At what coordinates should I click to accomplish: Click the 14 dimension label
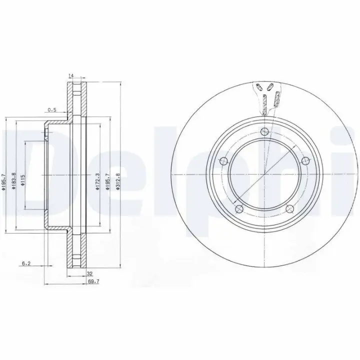click(x=70, y=75)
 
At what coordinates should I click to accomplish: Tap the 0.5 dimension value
click(x=52, y=109)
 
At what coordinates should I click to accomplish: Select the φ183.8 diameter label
click(x=13, y=181)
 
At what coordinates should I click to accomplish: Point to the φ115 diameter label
click(x=22, y=180)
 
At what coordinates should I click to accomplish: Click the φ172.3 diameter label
click(x=97, y=181)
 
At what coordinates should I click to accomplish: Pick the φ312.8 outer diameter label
click(x=118, y=181)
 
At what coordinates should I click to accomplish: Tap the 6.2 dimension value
click(x=26, y=263)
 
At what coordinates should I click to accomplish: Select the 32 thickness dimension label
click(x=90, y=273)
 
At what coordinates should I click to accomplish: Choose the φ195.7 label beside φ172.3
click(x=107, y=181)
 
